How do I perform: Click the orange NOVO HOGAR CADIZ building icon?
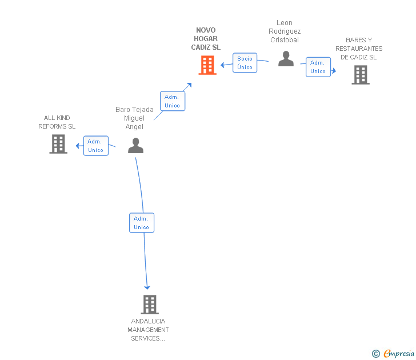click(207, 65)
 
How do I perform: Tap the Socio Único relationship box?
click(245, 63)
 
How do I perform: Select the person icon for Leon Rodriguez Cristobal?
click(286, 59)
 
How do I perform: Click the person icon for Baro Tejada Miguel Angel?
click(135, 145)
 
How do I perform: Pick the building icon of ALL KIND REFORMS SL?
click(58, 144)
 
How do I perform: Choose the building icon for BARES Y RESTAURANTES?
click(361, 75)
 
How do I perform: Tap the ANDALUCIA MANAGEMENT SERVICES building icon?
click(150, 305)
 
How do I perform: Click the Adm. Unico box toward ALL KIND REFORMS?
click(96, 146)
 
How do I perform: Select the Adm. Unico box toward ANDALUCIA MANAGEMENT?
click(142, 223)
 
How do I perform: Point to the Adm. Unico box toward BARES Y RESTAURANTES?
click(318, 67)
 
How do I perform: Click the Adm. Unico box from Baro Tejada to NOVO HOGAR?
click(173, 101)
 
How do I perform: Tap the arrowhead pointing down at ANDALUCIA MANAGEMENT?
click(147, 287)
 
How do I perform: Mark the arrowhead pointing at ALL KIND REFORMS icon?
click(78, 146)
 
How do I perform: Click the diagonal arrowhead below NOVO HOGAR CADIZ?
click(189, 85)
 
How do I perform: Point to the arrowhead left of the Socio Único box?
click(223, 65)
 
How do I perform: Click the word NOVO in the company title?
click(206, 30)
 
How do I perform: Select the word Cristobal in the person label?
click(285, 40)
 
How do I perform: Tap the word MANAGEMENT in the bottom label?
click(148, 330)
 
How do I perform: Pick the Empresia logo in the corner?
click(393, 353)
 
